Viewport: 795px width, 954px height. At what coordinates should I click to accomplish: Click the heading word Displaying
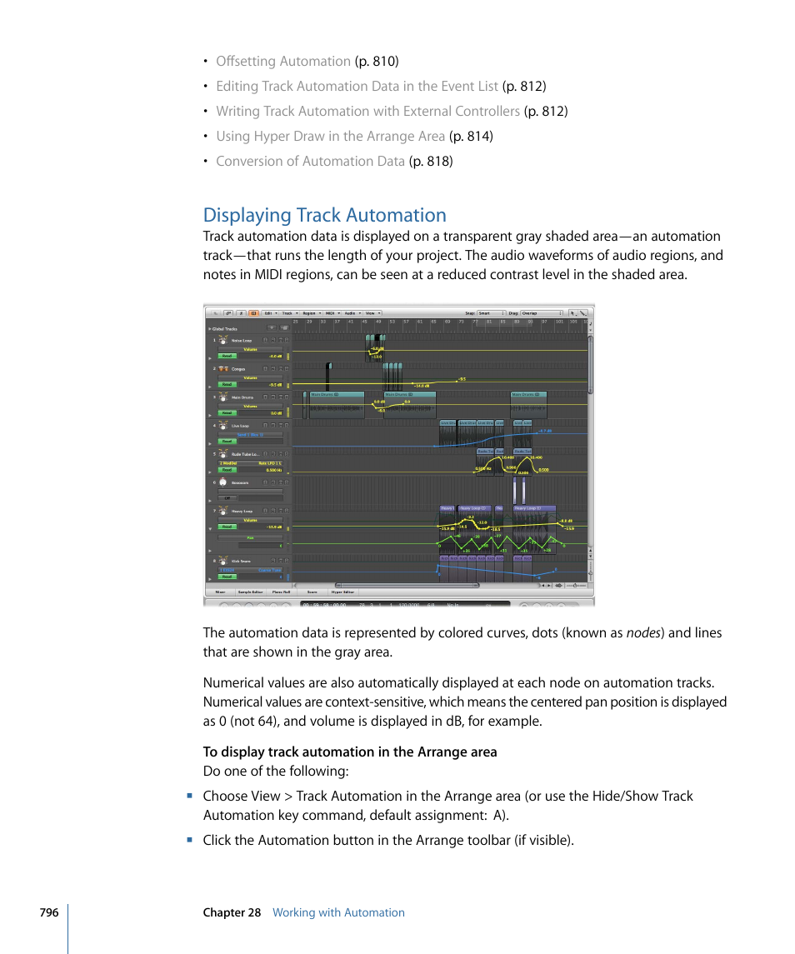[247, 215]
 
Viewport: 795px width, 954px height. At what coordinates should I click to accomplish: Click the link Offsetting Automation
[282, 61]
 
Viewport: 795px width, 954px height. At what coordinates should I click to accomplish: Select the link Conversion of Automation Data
[310, 161]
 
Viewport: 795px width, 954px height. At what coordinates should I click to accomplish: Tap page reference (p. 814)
[471, 136]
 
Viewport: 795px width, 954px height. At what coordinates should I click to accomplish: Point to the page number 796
[48, 912]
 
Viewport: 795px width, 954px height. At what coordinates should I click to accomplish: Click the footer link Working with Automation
[338, 912]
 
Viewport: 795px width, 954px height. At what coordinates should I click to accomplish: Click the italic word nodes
[642, 632]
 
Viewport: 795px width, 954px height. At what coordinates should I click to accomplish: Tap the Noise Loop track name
[241, 341]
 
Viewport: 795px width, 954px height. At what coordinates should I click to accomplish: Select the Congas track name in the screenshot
[238, 369]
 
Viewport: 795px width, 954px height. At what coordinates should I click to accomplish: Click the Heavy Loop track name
[242, 511]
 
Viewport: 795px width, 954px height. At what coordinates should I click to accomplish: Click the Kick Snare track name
[241, 561]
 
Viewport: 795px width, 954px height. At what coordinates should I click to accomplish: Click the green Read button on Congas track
[227, 385]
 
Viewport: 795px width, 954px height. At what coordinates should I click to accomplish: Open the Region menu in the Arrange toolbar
[309, 313]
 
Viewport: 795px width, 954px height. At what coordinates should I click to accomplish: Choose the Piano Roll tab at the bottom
[281, 592]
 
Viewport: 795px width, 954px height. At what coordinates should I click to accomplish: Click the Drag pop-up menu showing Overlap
[539, 313]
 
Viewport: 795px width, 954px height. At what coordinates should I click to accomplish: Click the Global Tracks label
[225, 329]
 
